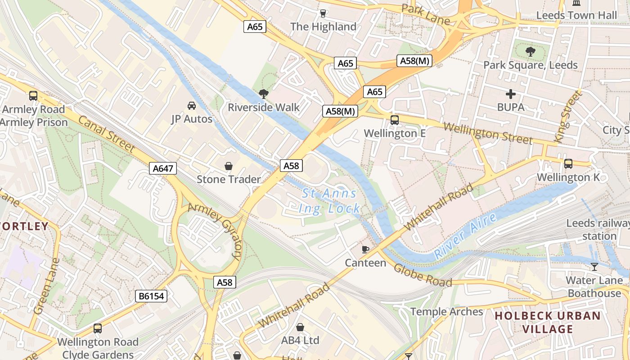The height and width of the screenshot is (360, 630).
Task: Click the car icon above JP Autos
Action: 192,106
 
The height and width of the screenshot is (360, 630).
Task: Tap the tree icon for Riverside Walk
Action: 264,94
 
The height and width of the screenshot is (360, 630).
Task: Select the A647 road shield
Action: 163,169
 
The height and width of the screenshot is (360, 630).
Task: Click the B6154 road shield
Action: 151,296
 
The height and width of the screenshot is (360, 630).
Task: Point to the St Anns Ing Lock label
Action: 330,201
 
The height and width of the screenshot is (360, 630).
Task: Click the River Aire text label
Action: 465,236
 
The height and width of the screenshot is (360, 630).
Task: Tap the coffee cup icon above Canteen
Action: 365,249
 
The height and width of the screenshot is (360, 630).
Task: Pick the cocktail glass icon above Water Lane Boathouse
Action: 594,267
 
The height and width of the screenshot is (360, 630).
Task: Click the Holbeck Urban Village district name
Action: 548,322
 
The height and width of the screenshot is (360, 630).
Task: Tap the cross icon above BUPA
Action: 511,94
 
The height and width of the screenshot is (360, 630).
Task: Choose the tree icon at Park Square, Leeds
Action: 531,51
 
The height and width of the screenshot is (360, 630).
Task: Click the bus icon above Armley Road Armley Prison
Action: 33,95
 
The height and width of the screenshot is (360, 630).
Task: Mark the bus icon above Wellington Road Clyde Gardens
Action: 98,328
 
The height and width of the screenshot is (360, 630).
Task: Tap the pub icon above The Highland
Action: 323,13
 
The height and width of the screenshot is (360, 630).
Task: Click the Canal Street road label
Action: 107,134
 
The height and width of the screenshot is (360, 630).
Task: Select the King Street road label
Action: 568,117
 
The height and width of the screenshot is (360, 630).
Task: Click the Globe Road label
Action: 423,275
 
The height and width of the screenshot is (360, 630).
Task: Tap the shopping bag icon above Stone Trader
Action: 229,166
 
